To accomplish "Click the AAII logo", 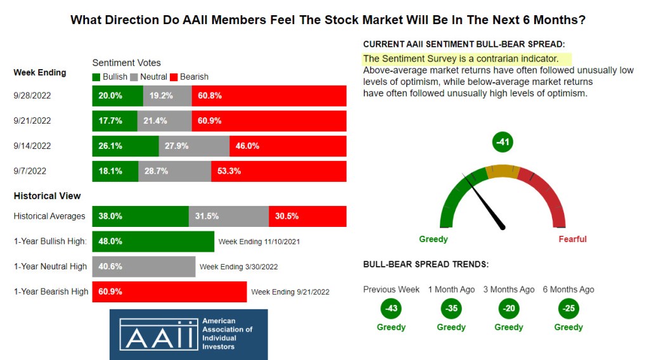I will point(188,334).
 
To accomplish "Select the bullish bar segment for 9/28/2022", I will point(117,96).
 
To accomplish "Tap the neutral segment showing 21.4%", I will point(164,120).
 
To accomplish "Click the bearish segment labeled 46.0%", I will point(288,146).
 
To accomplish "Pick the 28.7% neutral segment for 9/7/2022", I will point(175,171).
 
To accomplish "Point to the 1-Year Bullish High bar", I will point(153,241).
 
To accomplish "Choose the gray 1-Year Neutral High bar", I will point(144,267).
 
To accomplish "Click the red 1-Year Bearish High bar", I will point(169,292).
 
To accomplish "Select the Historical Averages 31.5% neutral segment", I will point(229,216).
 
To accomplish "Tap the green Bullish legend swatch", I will point(96,77).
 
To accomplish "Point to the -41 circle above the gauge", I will point(503,142).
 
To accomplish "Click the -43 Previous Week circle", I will point(391,309).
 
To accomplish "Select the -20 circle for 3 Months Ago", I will point(508,309).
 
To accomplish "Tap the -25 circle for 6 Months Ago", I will point(568,309).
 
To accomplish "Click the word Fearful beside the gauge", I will point(572,239).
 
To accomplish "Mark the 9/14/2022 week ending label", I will point(32,146).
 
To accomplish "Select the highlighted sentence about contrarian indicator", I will point(460,59).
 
